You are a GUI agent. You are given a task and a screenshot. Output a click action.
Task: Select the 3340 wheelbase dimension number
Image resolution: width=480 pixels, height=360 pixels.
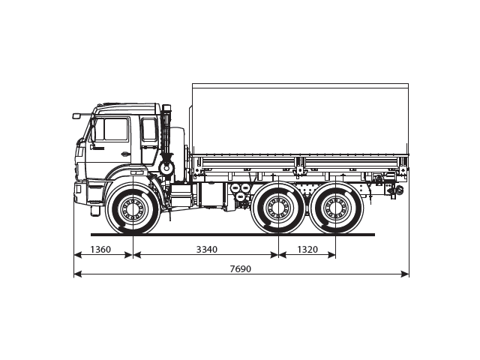pyautogui.click(x=206, y=249)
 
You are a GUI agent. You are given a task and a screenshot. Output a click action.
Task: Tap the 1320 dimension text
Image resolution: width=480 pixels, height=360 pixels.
pyautogui.click(x=307, y=249)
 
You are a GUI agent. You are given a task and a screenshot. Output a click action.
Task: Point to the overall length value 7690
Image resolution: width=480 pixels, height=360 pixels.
pyautogui.click(x=241, y=268)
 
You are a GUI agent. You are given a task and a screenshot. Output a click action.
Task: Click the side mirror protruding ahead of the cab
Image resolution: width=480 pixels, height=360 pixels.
pyautogui.click(x=76, y=115)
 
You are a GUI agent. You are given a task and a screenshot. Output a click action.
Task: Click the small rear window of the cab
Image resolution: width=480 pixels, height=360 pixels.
pyautogui.click(x=149, y=129)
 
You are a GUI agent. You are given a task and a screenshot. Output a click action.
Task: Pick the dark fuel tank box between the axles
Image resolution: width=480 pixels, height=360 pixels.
pyautogui.click(x=212, y=195)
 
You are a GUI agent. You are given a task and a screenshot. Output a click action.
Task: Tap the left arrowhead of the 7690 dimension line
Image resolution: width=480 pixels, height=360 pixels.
pyautogui.click(x=76, y=274)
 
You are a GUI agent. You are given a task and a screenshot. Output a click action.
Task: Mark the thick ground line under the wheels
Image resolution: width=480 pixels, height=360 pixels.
pyautogui.click(x=232, y=234)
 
